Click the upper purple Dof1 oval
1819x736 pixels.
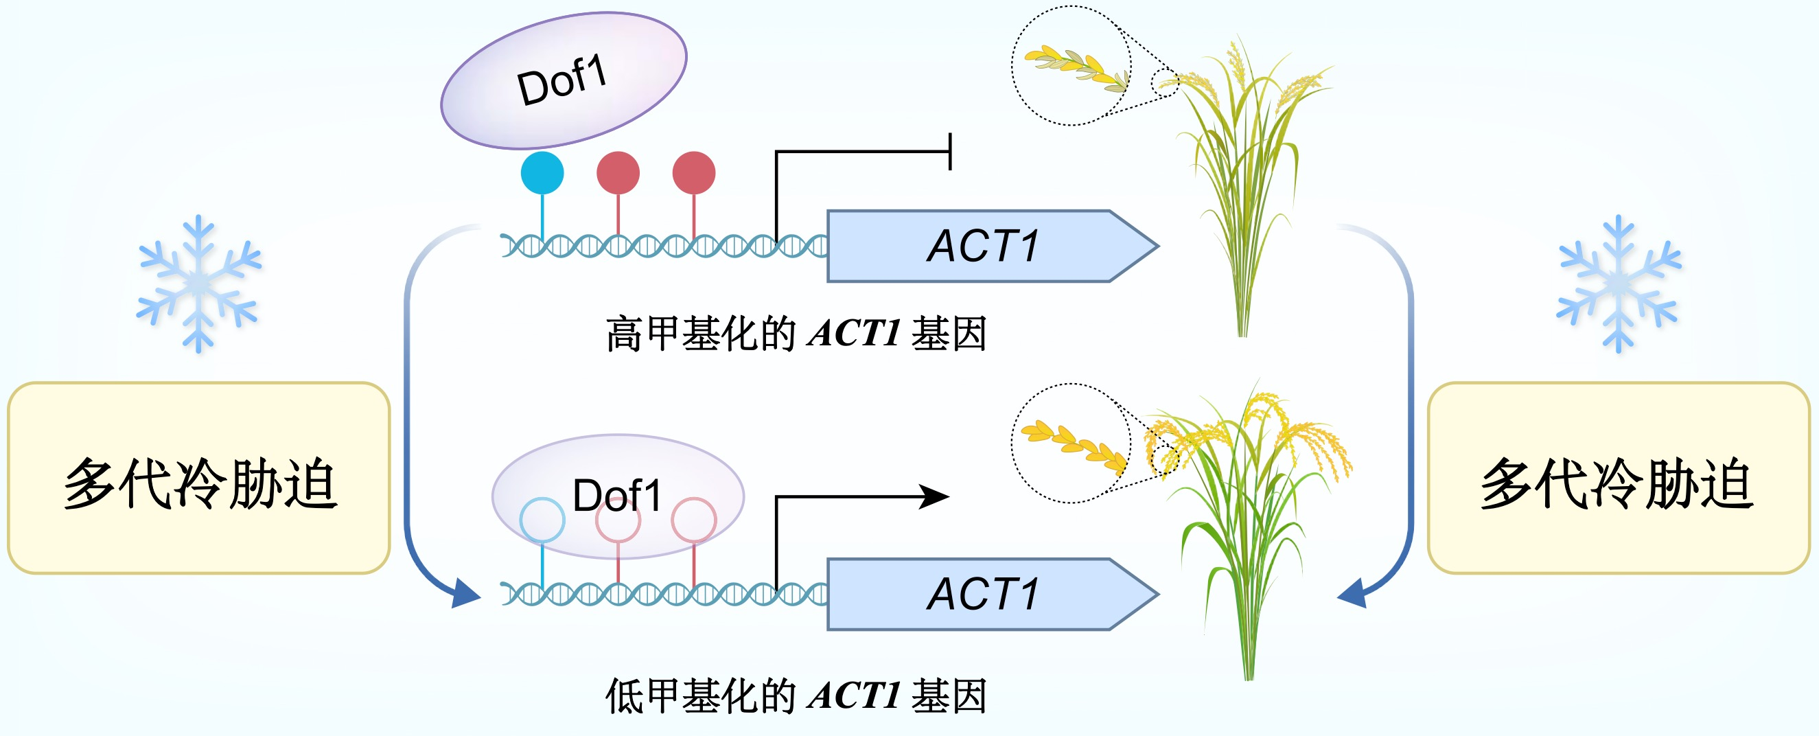point(564,80)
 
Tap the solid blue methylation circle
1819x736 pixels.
point(542,173)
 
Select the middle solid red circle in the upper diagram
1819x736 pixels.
point(618,173)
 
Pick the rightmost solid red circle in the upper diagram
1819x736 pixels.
point(693,173)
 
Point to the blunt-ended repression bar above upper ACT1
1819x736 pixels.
point(950,151)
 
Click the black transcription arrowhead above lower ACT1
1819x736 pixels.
point(936,496)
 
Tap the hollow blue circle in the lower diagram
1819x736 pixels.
point(542,520)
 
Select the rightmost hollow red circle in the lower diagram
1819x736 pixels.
point(693,520)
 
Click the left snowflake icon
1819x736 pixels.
point(199,284)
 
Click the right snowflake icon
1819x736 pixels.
point(1619,284)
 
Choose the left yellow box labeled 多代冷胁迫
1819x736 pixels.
point(198,478)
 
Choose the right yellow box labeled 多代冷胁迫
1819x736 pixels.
point(1618,478)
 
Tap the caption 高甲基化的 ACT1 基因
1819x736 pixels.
point(796,334)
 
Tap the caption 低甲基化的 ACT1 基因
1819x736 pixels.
point(796,695)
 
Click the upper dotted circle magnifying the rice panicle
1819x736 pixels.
point(1071,66)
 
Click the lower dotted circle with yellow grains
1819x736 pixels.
point(1071,443)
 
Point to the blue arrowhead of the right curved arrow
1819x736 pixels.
point(1353,593)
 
